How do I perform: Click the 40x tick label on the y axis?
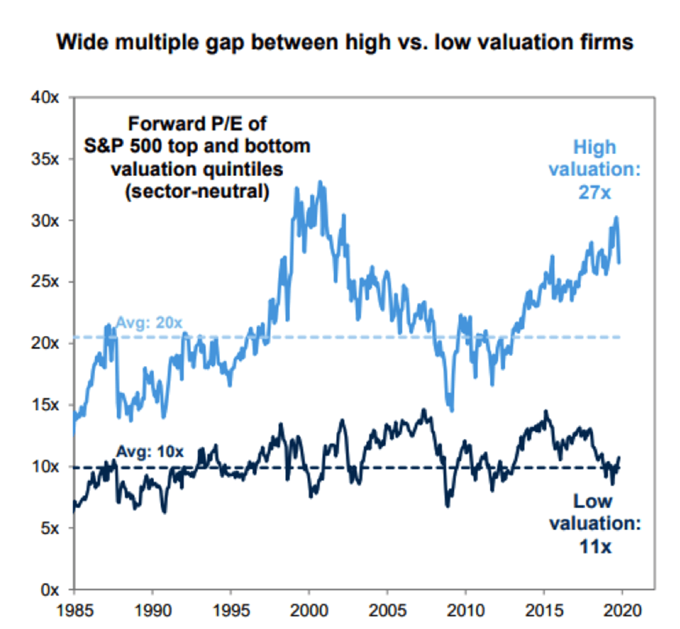(x=45, y=97)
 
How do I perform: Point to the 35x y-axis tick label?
(x=45, y=159)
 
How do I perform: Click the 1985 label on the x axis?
(x=74, y=610)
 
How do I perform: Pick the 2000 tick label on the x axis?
(x=309, y=610)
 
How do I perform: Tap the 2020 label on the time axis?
(x=622, y=610)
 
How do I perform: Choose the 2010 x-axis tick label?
(x=465, y=610)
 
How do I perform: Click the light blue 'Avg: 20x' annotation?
(x=149, y=323)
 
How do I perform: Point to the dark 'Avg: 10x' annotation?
(x=150, y=452)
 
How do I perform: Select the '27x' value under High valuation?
(x=594, y=193)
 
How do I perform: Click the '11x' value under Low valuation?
(x=595, y=547)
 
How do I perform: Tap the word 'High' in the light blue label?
(x=594, y=147)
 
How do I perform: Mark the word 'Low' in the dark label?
(x=593, y=501)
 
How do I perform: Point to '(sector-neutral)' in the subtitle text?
(x=197, y=192)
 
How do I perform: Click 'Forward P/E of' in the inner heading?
(x=197, y=124)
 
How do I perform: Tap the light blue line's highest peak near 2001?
(x=320, y=182)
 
